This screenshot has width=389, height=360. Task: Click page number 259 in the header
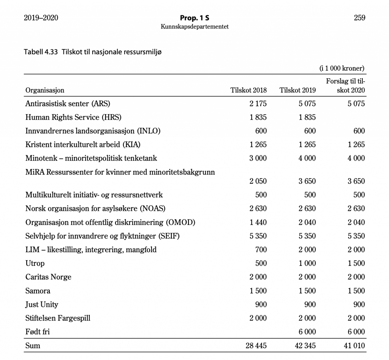[359, 17]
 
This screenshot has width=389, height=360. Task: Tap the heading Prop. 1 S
[194, 18]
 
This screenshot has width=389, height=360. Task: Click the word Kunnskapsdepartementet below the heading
[194, 27]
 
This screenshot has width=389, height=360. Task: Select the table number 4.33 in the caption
[51, 52]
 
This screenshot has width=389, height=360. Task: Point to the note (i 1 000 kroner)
[342, 69]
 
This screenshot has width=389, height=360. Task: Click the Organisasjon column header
[45, 90]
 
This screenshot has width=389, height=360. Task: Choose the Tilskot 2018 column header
[249, 90]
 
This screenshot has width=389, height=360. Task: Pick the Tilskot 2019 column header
[297, 90]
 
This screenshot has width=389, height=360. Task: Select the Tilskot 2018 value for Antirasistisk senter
[258, 104]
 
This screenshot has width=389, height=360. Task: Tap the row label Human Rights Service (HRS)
[73, 117]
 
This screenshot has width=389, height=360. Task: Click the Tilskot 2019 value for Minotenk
[307, 158]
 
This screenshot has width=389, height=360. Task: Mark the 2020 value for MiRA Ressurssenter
[356, 181]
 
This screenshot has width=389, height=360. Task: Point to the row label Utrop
[35, 264]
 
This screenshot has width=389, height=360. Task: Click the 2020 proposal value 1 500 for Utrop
[356, 264]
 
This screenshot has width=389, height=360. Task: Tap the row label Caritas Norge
[48, 277]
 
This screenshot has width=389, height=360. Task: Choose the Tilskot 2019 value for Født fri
[307, 332]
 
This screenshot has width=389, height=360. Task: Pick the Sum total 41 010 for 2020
[354, 346]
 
